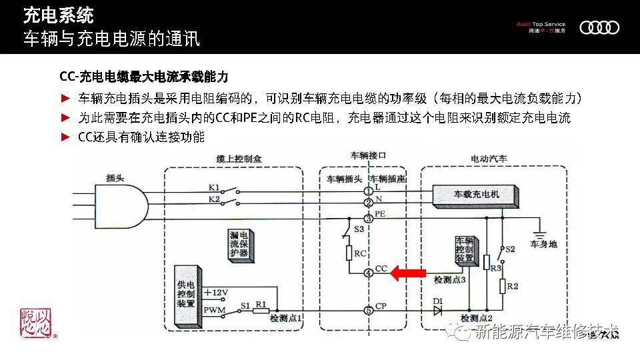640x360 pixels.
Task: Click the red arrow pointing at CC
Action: pyautogui.click(x=407, y=273)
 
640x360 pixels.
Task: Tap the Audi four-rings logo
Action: pyautogui.click(x=599, y=27)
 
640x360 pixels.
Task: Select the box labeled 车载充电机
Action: pyautogui.click(x=475, y=195)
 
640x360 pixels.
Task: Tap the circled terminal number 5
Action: pyautogui.click(x=368, y=310)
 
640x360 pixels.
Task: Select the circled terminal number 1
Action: pyautogui.click(x=368, y=191)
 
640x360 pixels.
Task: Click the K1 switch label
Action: pyautogui.click(x=214, y=187)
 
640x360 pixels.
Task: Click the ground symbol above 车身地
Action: pyautogui.click(x=541, y=233)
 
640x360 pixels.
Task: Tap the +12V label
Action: pyautogui.click(x=215, y=293)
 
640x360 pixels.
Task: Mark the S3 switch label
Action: pyautogui.click(x=359, y=229)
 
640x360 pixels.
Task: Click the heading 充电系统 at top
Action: pyautogui.click(x=58, y=14)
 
